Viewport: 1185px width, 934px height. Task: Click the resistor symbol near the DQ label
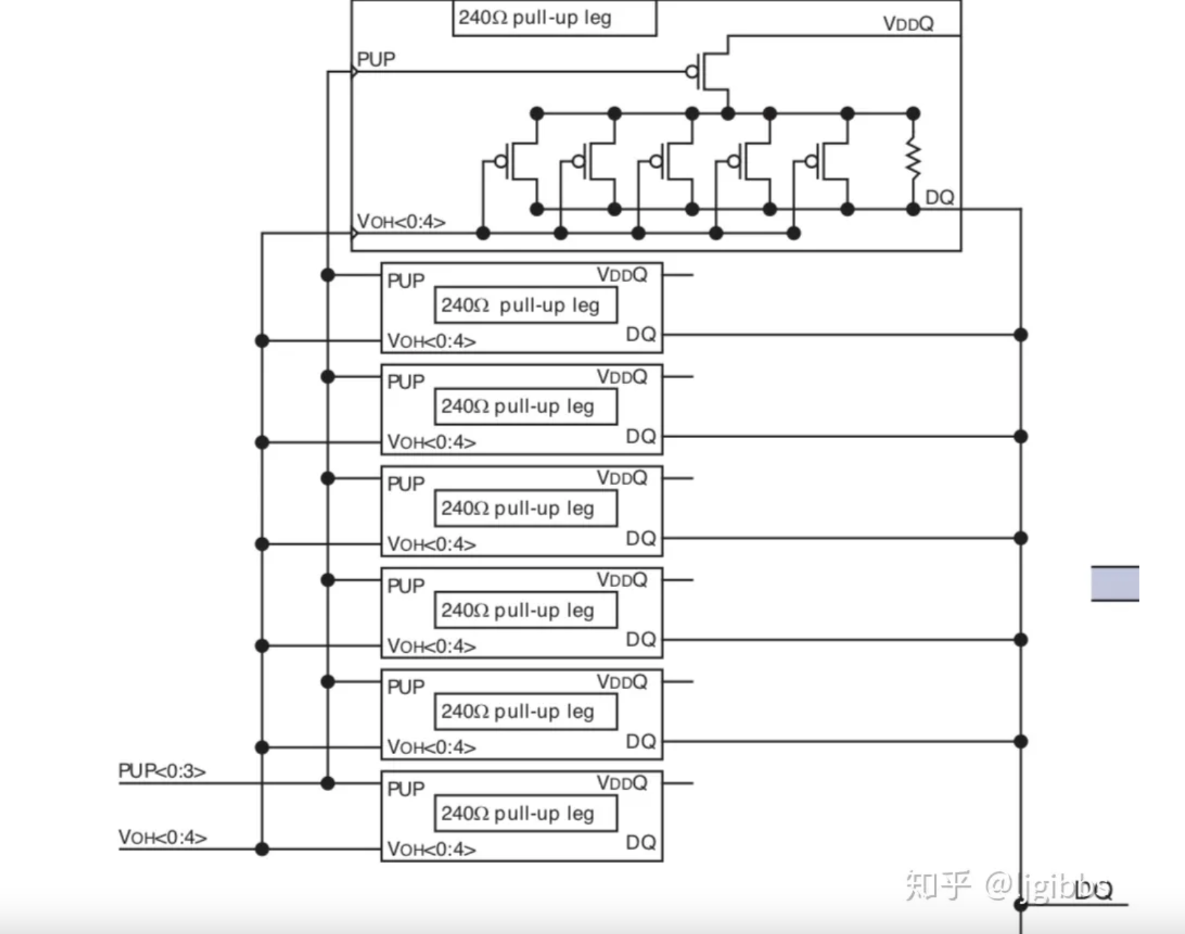click(x=913, y=160)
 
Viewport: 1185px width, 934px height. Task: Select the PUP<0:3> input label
click(x=162, y=771)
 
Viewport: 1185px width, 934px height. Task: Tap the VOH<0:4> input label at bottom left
click(x=162, y=837)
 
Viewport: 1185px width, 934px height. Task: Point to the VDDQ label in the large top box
click(x=908, y=24)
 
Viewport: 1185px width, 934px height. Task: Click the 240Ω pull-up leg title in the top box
click(x=535, y=17)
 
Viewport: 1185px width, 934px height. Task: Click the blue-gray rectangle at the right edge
click(x=1115, y=583)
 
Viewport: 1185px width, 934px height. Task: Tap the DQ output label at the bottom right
click(x=1094, y=890)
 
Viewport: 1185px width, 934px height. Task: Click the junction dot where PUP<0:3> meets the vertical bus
click(x=327, y=783)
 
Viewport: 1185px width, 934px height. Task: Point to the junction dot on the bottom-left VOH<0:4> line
click(x=262, y=849)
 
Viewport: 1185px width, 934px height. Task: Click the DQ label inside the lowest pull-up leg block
click(x=640, y=843)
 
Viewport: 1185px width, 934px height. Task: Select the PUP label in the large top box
click(x=376, y=60)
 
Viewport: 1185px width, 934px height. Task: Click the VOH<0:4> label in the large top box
click(x=401, y=222)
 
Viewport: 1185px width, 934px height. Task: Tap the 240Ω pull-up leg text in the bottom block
click(x=517, y=813)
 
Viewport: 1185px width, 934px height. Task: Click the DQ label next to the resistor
click(x=939, y=197)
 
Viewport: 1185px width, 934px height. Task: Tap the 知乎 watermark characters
click(x=937, y=885)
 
